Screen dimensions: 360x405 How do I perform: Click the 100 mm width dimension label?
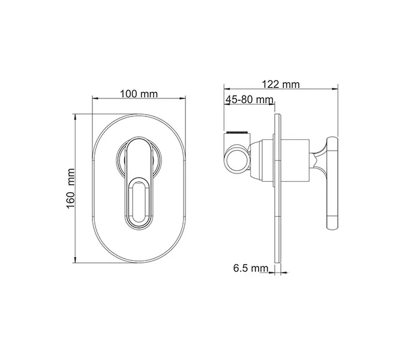point(139,94)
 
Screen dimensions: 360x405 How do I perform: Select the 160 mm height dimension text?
point(70,188)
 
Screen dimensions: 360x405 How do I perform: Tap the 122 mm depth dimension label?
point(281,85)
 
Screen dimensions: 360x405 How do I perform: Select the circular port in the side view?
point(236,160)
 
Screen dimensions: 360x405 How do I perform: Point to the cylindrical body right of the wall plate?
point(295,160)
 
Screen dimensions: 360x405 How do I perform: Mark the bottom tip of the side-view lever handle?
point(333,227)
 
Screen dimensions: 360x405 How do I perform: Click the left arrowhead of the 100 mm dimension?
point(94,100)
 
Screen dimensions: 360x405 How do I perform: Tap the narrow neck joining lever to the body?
point(317,160)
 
